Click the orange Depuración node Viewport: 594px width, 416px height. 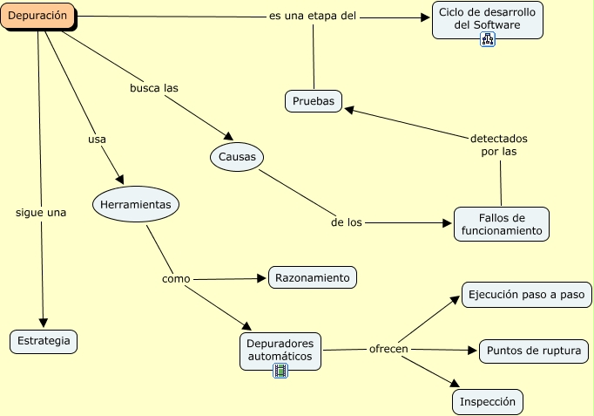tap(37, 16)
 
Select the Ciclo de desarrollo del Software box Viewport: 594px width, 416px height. tap(488, 20)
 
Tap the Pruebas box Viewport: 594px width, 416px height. tap(314, 101)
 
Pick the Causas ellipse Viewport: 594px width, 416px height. tap(237, 157)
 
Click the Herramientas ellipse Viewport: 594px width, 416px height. tap(136, 204)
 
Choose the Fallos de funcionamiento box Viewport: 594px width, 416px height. tap(502, 224)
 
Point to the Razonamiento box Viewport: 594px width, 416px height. tap(313, 277)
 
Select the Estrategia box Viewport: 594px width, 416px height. tap(44, 342)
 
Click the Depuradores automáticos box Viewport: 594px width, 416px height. tap(280, 351)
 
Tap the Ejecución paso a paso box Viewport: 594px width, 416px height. tap(527, 295)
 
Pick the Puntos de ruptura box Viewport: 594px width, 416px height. tap(534, 351)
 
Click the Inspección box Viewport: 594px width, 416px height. tap(488, 402)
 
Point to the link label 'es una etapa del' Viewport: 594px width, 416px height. tap(313, 16)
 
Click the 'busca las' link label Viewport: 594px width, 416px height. tap(154, 88)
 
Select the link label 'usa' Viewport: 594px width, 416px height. tap(97, 140)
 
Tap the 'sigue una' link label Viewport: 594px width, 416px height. tap(41, 213)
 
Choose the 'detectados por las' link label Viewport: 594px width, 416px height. tap(499, 145)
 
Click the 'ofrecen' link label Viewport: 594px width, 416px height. tap(388, 349)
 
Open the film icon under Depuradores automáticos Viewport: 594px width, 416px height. tap(280, 371)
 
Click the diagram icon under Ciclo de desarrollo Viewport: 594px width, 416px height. tap(488, 39)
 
